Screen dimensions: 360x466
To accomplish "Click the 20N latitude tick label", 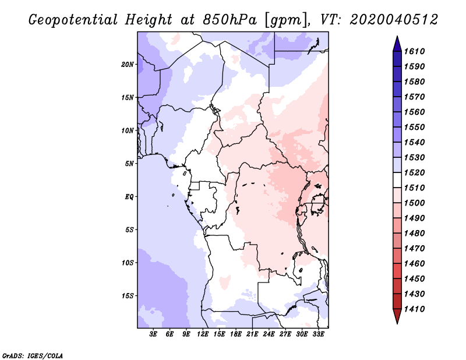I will tap(128, 64).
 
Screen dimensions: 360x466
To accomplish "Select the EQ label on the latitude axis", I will tap(130, 196).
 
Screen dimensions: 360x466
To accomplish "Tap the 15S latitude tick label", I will tap(128, 295).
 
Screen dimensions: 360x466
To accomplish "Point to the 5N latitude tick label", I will tap(129, 163).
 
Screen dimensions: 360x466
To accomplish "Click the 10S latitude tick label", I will tap(128, 262).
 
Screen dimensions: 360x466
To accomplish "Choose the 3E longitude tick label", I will tap(154, 334).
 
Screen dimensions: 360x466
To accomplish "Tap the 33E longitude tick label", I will tap(319, 334).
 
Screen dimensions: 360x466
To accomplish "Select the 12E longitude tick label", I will tap(203, 334).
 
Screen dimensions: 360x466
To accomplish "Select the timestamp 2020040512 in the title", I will tap(394, 19).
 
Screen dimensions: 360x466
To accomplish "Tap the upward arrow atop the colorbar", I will tap(396, 43).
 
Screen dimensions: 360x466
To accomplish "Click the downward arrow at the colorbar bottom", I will tap(396, 317).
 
